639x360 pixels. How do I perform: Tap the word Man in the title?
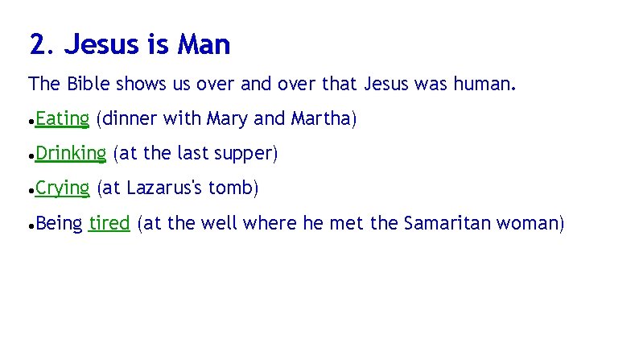(x=205, y=45)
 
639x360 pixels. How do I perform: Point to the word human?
(x=484, y=84)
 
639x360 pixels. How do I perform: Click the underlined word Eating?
(x=62, y=119)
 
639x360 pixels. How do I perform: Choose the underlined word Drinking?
(x=71, y=153)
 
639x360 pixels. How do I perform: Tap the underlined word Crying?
(x=62, y=188)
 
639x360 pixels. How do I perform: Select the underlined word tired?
(x=109, y=223)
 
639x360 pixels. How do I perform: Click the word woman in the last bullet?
(x=536, y=223)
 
